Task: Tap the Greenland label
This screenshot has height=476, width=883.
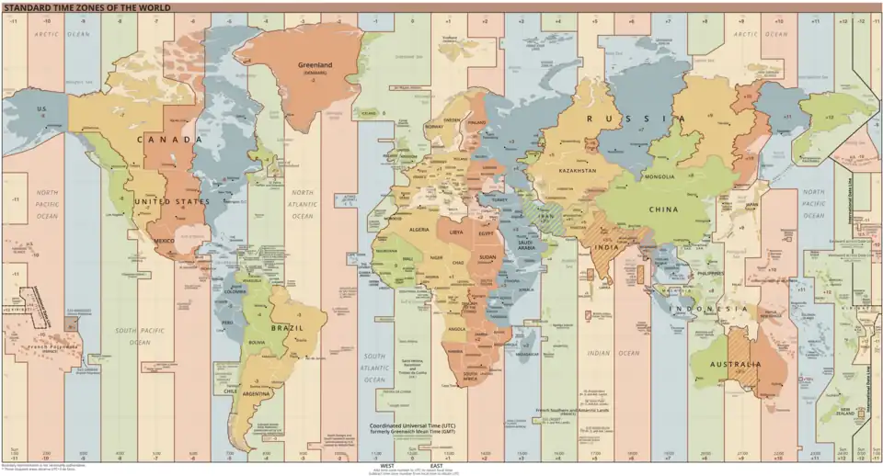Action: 315,65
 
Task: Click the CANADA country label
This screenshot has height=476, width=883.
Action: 169,140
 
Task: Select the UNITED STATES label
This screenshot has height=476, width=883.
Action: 172,201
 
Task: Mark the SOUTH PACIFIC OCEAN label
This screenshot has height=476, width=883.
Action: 132,336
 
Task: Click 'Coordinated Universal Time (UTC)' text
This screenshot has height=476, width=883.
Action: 412,425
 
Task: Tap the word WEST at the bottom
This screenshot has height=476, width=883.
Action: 388,466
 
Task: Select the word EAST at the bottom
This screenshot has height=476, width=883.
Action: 436,466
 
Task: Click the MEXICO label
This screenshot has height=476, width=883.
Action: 164,241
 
